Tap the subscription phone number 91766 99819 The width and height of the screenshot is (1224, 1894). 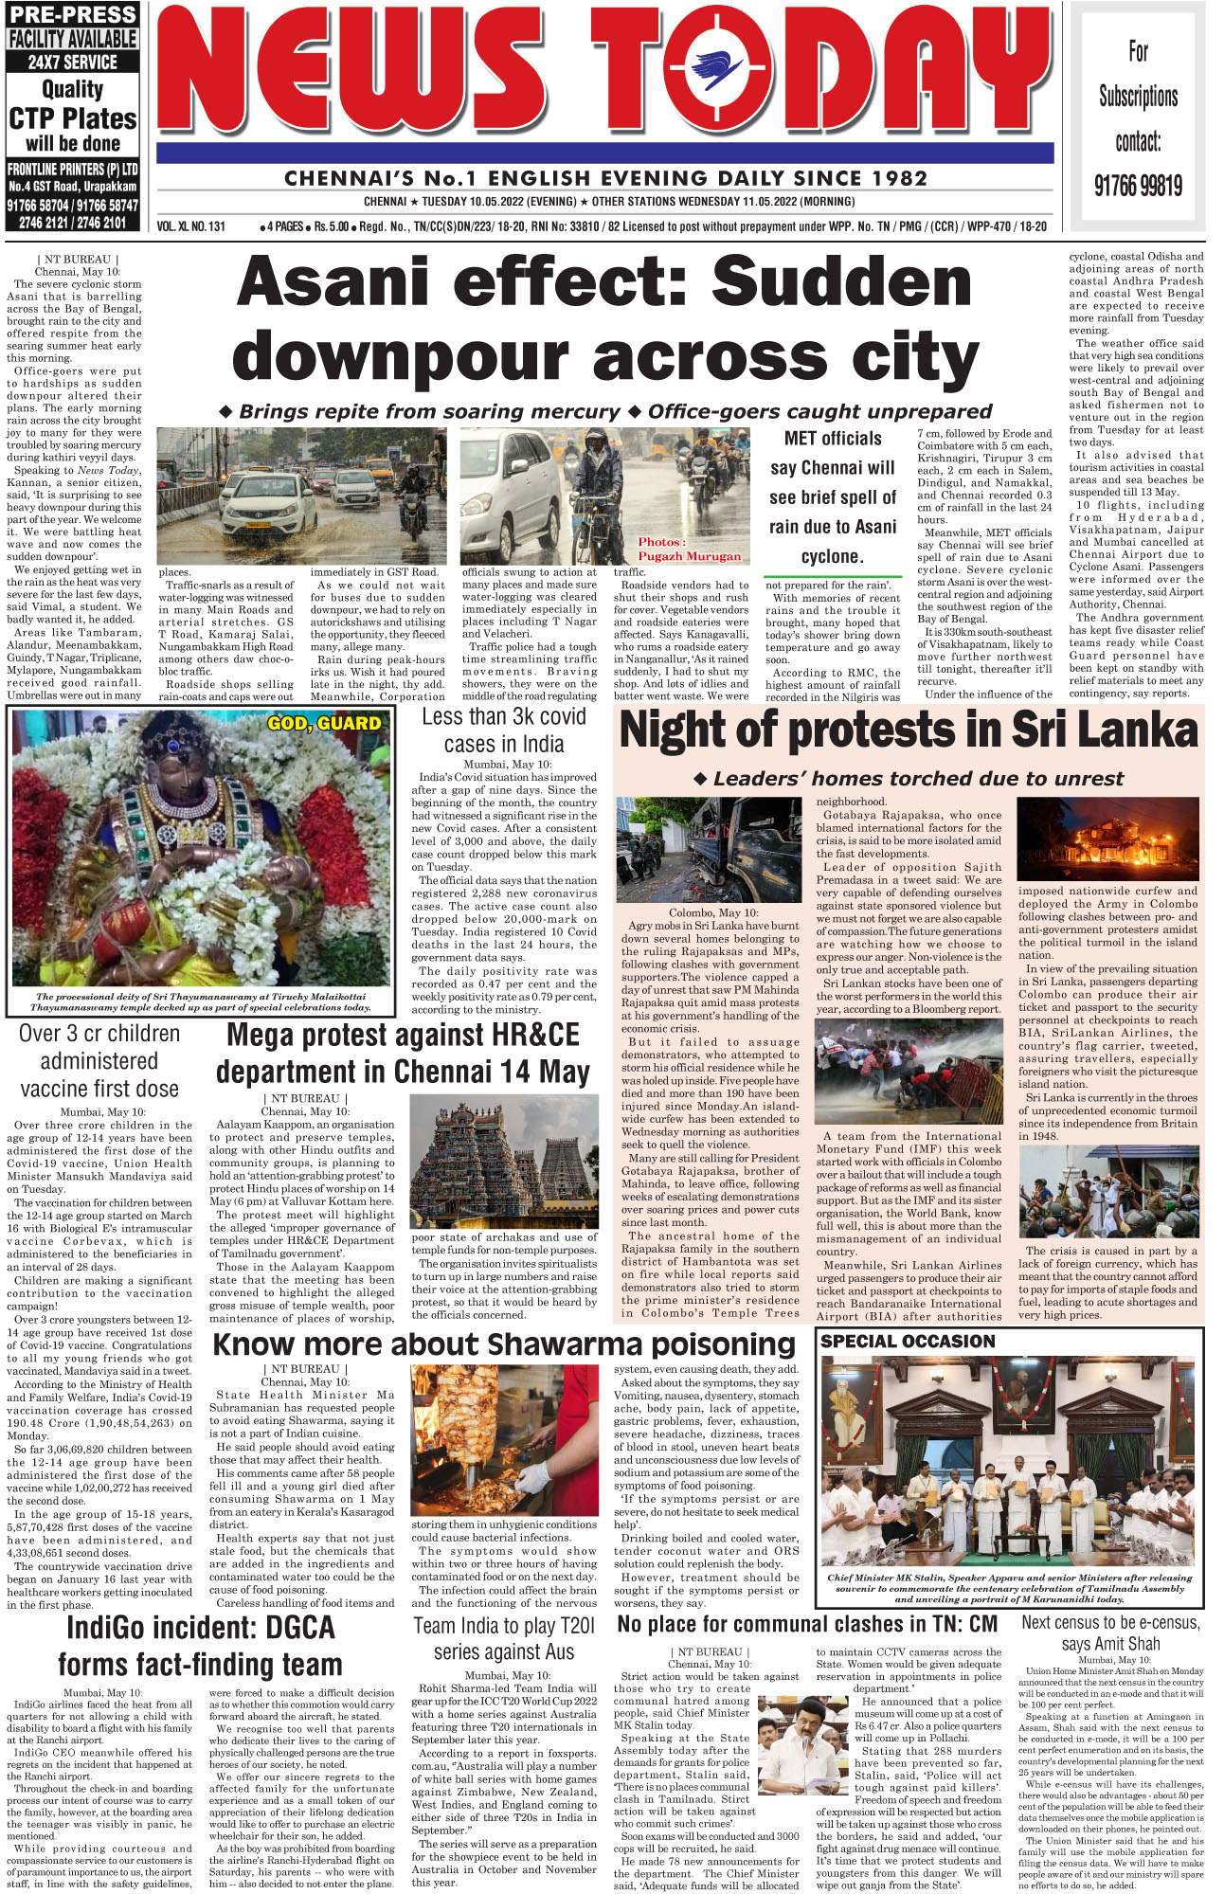(1138, 185)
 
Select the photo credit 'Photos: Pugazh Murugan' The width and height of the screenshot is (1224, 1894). (689, 549)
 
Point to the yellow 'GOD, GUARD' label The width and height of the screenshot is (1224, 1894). (324, 724)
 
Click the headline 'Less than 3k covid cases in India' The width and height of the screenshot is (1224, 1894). (504, 731)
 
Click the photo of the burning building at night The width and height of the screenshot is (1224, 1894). (1107, 839)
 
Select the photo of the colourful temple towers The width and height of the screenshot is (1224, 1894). (504, 1163)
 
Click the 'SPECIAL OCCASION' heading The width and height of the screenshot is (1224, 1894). (908, 1342)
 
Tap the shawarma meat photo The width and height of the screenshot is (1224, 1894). (504, 1441)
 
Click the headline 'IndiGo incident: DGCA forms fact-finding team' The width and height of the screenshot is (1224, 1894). (200, 1646)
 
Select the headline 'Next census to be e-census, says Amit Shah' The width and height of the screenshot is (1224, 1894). (1109, 1632)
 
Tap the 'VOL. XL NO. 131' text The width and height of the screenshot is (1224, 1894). (191, 227)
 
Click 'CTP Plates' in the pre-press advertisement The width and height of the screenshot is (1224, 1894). (73, 119)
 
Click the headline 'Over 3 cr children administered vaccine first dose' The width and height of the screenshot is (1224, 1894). (99, 1061)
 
